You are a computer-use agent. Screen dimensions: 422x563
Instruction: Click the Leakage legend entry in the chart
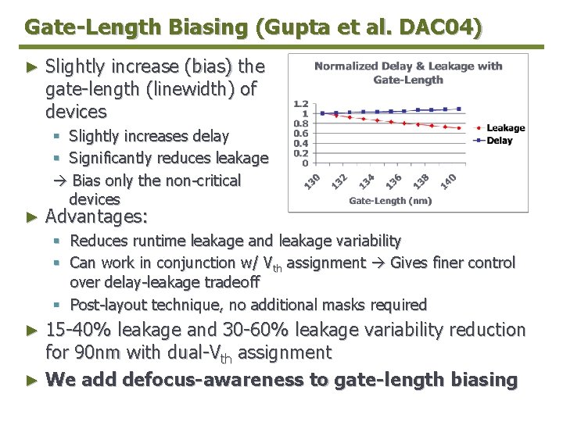[505, 128]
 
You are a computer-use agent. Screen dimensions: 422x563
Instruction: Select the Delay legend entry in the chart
[500, 141]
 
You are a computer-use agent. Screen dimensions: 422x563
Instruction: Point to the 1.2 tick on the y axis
[300, 103]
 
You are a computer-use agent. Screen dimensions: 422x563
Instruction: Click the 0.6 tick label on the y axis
[300, 134]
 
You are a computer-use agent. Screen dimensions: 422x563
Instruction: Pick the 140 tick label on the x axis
[448, 181]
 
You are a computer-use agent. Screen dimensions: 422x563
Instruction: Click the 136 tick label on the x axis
[395, 181]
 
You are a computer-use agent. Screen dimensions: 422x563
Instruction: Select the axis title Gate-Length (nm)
[390, 201]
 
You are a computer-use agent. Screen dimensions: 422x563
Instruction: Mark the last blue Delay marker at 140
[458, 109]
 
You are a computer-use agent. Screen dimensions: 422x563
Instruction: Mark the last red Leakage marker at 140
[458, 127]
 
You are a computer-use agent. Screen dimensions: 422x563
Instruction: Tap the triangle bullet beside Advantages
[31, 216]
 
